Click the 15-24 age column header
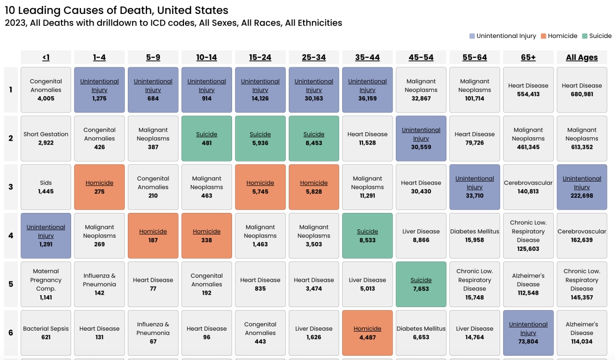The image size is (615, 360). [x=260, y=57]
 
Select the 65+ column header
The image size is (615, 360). [x=528, y=57]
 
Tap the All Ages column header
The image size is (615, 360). [x=581, y=57]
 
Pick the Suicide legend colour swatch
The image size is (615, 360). [x=585, y=36]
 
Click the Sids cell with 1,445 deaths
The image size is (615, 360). [x=46, y=187]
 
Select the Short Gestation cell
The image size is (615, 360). [x=46, y=138]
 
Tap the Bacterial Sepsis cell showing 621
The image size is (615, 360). [x=46, y=333]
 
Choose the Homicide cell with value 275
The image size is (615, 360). [x=99, y=187]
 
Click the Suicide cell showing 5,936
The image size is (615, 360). [x=260, y=138]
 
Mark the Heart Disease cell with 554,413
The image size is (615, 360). [x=528, y=90]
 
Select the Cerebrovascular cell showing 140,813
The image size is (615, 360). [x=528, y=187]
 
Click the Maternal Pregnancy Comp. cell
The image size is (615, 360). [x=46, y=284]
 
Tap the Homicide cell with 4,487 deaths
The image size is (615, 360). [x=367, y=333]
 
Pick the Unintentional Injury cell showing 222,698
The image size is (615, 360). [x=581, y=187]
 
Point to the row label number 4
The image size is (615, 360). [x=11, y=236]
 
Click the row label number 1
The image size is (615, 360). [x=11, y=90]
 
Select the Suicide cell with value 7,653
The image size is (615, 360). [x=421, y=284]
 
